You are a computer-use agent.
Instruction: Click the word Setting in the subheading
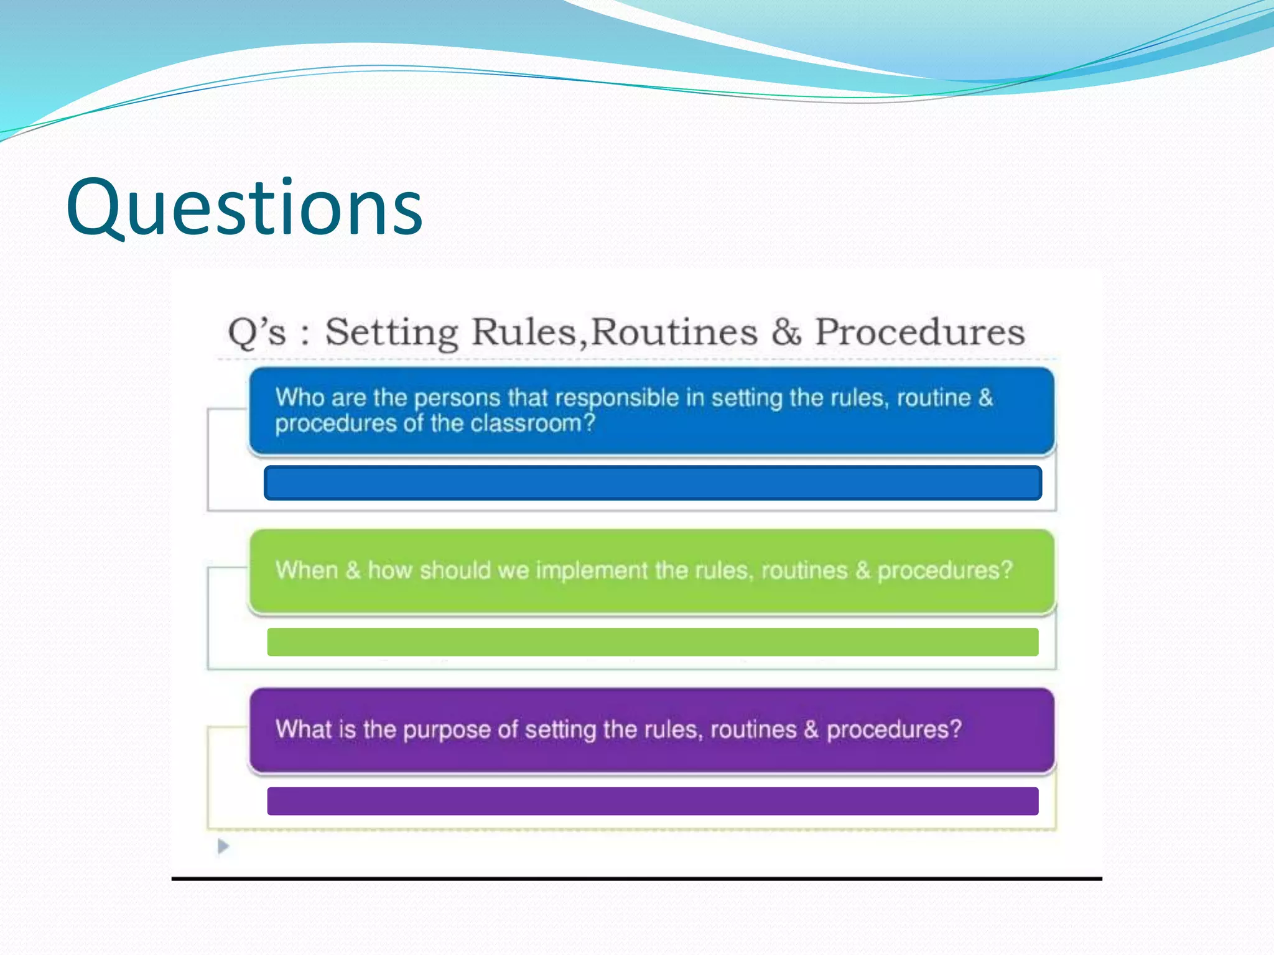pos(392,332)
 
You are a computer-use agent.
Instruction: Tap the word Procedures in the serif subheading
pos(920,332)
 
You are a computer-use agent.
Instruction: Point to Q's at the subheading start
pos(257,332)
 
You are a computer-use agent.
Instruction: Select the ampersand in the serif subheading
pos(786,332)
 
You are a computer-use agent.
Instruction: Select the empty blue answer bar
pos(653,482)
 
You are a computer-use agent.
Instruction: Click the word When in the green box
pos(307,570)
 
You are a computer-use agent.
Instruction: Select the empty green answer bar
pos(653,642)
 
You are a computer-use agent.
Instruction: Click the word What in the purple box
pos(303,729)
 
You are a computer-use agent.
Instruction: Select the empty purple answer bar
pos(653,801)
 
